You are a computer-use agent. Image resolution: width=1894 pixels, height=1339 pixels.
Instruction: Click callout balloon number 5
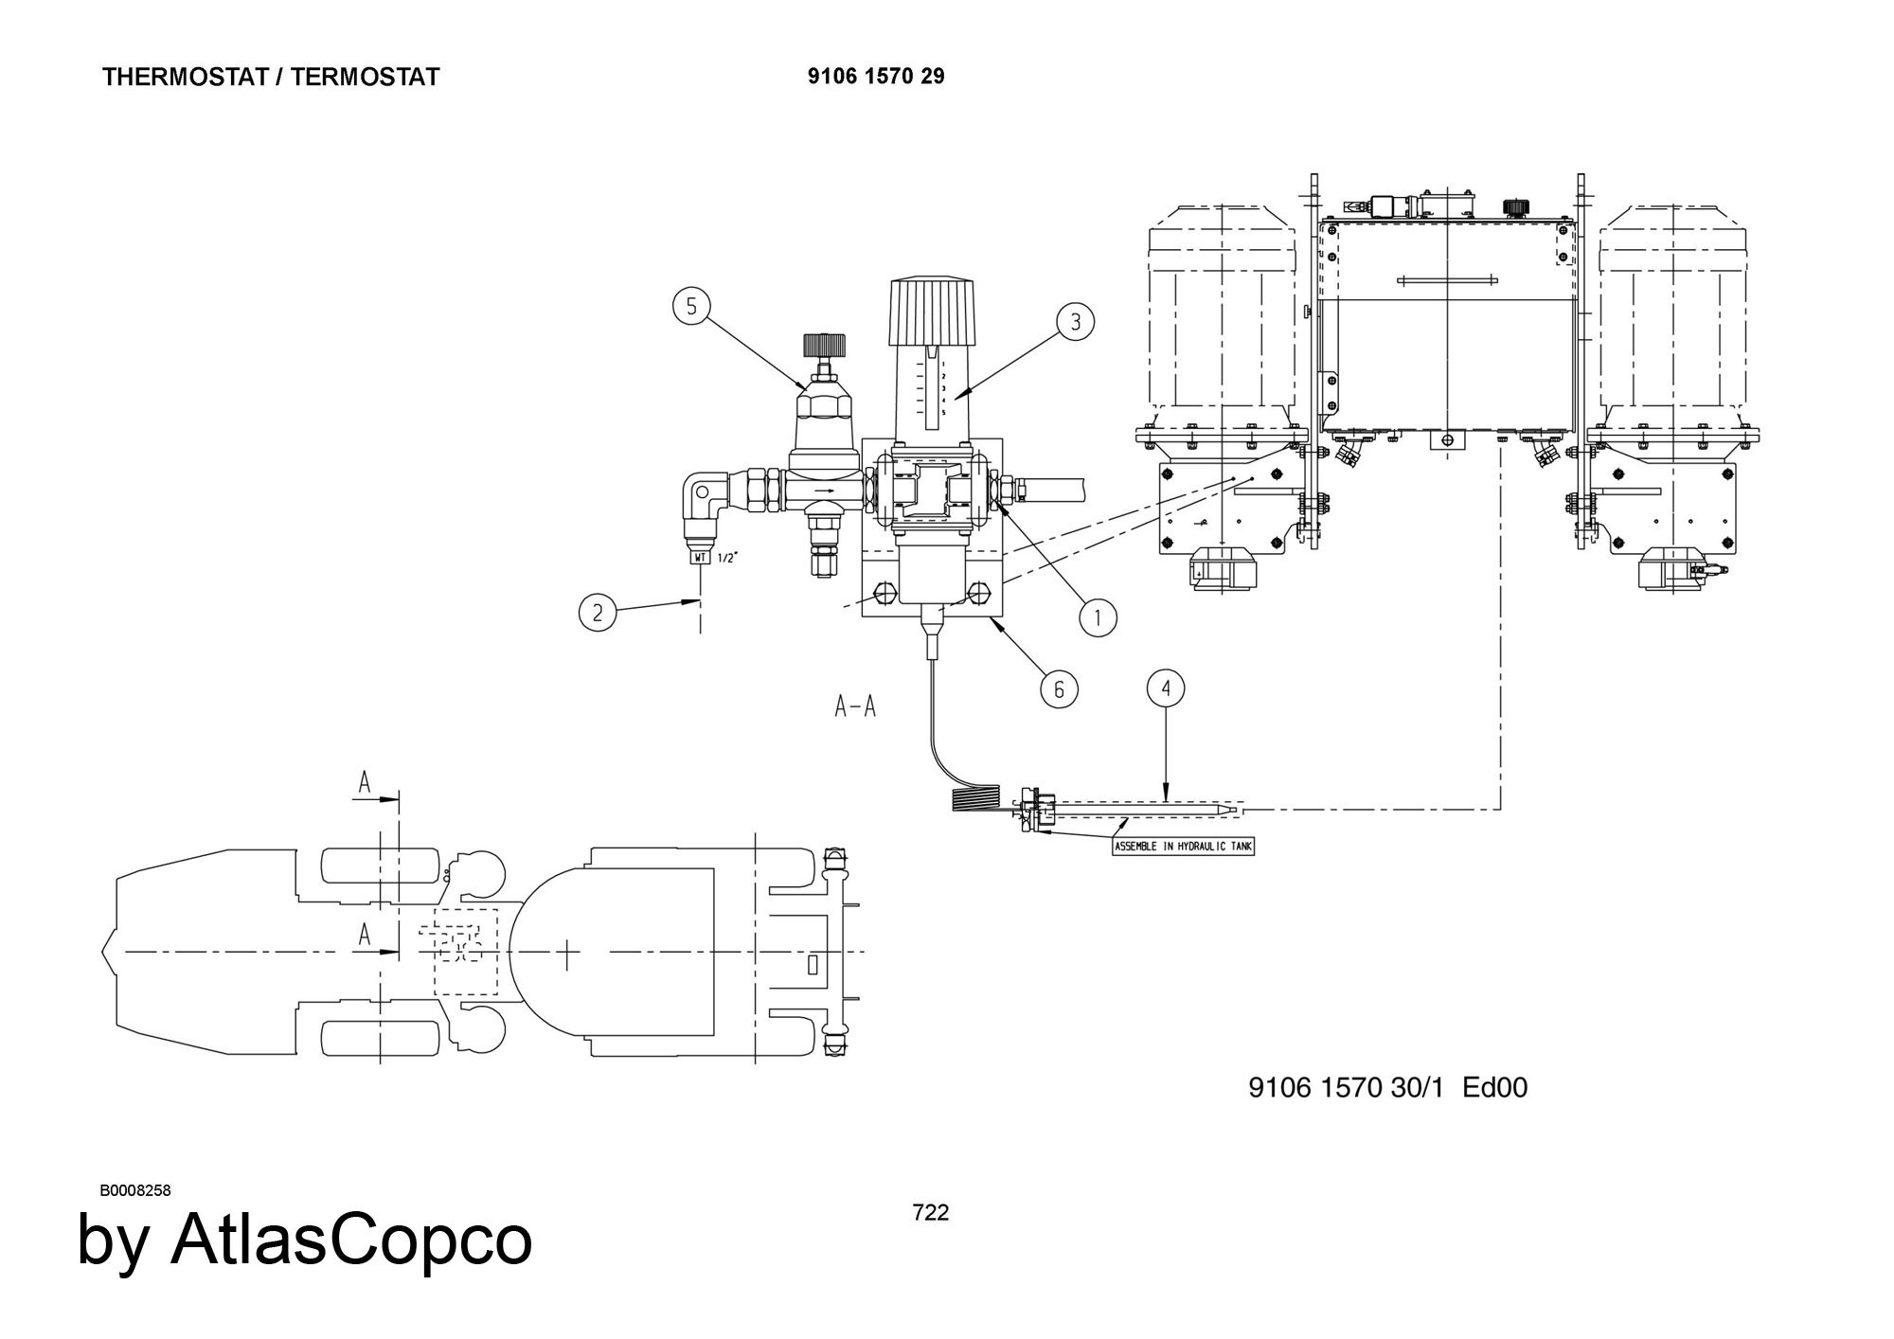tap(691, 306)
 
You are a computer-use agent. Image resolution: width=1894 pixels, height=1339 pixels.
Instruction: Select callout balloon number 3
tap(1076, 322)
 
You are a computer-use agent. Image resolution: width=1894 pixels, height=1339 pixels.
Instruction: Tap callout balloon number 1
tap(1099, 618)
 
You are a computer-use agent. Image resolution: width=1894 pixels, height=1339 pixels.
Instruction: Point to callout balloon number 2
tap(598, 613)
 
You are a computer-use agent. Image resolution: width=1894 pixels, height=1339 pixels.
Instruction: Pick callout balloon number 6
tap(1059, 689)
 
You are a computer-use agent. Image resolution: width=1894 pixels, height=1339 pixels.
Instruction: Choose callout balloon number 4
tap(1166, 688)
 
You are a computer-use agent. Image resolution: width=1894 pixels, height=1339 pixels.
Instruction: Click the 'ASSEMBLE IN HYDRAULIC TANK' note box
tap(1183, 847)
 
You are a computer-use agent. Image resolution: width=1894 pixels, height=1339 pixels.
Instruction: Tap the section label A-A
tap(855, 706)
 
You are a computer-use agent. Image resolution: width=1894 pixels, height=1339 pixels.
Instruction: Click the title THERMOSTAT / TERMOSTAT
tap(271, 78)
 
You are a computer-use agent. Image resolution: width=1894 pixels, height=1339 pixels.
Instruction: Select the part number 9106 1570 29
tap(876, 77)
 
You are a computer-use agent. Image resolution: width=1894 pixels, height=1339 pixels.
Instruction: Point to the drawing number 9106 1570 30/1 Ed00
tap(1387, 1088)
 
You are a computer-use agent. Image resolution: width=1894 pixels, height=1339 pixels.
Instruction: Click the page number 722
tap(930, 1213)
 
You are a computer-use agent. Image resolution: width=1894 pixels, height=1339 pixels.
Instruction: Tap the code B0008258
tap(135, 1190)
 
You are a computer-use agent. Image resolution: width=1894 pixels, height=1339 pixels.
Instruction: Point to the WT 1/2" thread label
tap(712, 558)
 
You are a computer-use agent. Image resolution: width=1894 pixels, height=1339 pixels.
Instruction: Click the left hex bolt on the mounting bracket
tap(882, 593)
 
